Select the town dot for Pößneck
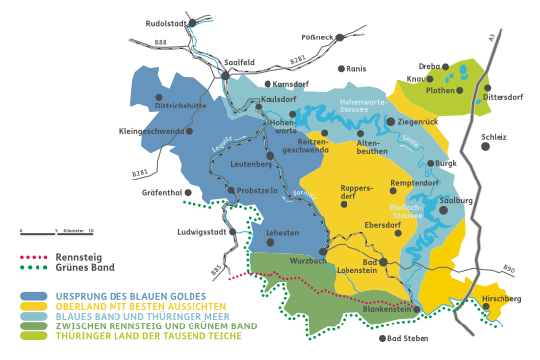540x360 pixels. point(338,37)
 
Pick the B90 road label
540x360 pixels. point(509,268)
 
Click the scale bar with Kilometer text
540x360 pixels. point(55,232)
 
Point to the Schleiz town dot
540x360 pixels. point(486,146)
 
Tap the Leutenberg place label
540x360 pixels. point(251,162)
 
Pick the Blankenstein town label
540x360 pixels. point(386,308)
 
